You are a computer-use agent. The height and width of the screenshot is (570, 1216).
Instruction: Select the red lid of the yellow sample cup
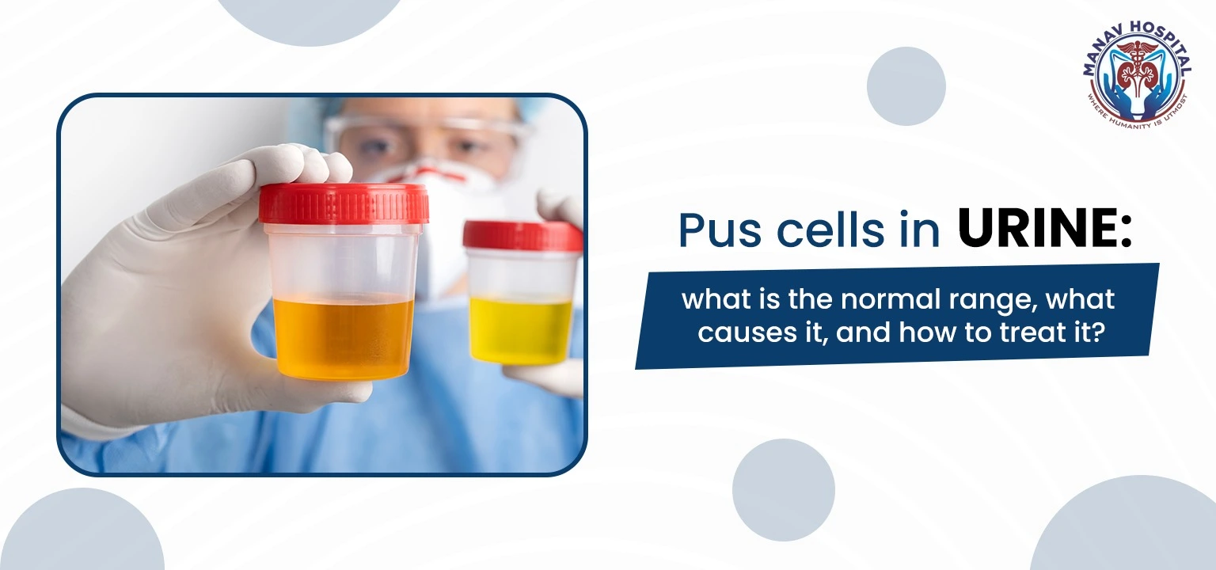522,235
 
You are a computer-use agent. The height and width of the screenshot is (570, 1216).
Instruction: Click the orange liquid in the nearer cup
344,336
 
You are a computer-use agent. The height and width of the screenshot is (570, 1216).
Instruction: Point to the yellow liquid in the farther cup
520,329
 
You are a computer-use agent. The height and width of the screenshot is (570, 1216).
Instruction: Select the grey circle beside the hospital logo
906,85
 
